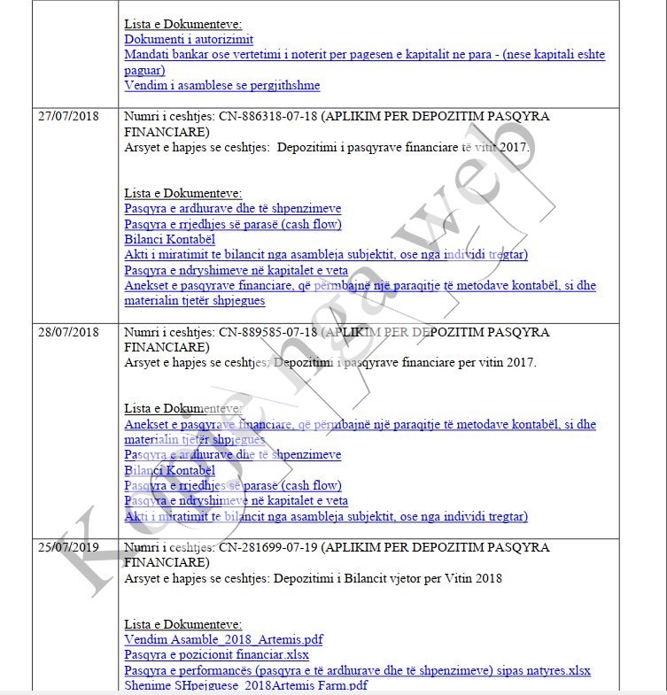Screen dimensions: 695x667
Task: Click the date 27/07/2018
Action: pyautogui.click(x=67, y=116)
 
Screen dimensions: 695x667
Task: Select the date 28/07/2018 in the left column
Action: pyautogui.click(x=67, y=332)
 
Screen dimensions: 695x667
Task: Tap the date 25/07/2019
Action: pyautogui.click(x=67, y=546)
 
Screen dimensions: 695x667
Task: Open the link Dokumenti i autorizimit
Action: pyautogui.click(x=189, y=39)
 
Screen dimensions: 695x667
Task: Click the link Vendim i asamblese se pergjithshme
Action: pyautogui.click(x=221, y=86)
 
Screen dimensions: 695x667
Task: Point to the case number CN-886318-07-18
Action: pyautogui.click(x=268, y=116)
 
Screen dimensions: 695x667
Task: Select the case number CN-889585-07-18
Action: pyautogui.click(x=268, y=332)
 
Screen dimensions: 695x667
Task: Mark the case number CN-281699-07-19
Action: pyautogui.click(x=268, y=546)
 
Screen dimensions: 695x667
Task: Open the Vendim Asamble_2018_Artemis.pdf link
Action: pyautogui.click(x=223, y=639)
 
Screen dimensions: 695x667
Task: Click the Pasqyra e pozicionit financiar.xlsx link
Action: pyautogui.click(x=216, y=655)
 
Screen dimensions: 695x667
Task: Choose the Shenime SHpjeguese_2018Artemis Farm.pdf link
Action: pyautogui.click(x=245, y=685)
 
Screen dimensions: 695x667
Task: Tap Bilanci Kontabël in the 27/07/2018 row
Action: pyautogui.click(x=170, y=239)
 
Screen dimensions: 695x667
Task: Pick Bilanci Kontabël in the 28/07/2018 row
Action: pyautogui.click(x=170, y=470)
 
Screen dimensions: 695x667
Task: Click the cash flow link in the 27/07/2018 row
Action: pyautogui.click(x=232, y=224)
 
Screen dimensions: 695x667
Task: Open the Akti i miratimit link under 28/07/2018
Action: pyautogui.click(x=325, y=516)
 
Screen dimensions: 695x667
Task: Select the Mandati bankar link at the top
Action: pyautogui.click(x=364, y=55)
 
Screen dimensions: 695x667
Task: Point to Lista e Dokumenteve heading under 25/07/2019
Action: pyautogui.click(x=182, y=624)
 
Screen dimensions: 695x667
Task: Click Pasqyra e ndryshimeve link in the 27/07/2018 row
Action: pyautogui.click(x=236, y=271)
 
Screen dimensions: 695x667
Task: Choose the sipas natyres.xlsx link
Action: pyautogui.click(x=549, y=670)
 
